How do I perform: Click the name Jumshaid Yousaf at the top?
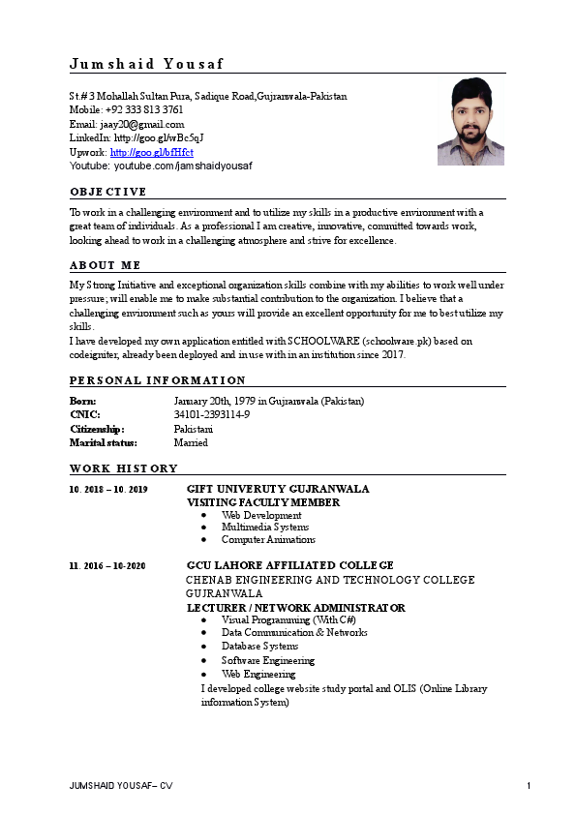[146, 64]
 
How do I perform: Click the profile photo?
[470, 121]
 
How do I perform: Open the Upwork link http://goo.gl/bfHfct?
[152, 152]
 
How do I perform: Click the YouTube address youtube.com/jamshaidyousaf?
[183, 166]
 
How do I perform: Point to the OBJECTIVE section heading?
[108, 191]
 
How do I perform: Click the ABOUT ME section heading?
[105, 264]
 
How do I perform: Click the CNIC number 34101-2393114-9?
[212, 414]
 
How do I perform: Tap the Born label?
[83, 401]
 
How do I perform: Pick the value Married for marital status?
[191, 442]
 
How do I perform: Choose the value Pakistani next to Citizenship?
[194, 428]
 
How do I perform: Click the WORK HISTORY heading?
[123, 468]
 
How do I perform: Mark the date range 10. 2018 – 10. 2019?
[108, 490]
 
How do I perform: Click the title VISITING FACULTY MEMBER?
[263, 502]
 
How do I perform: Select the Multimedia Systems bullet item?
[265, 528]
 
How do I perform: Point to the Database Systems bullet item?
[259, 646]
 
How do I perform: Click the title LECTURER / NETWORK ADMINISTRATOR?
[295, 608]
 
